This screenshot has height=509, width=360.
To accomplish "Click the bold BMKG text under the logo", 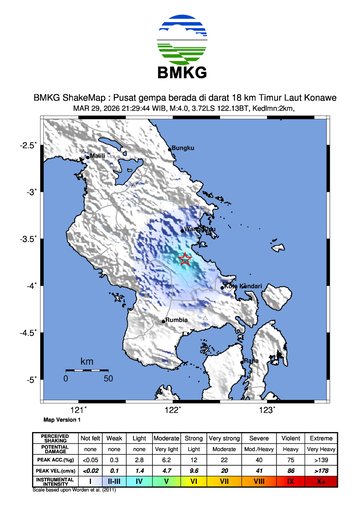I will pos(180,74).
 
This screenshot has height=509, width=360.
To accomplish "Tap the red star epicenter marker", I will pos(185,259).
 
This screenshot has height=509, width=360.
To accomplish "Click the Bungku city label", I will pos(181,149).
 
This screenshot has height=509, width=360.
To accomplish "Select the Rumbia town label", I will pos(176,320).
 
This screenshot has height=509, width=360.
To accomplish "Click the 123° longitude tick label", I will pos(267,409).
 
